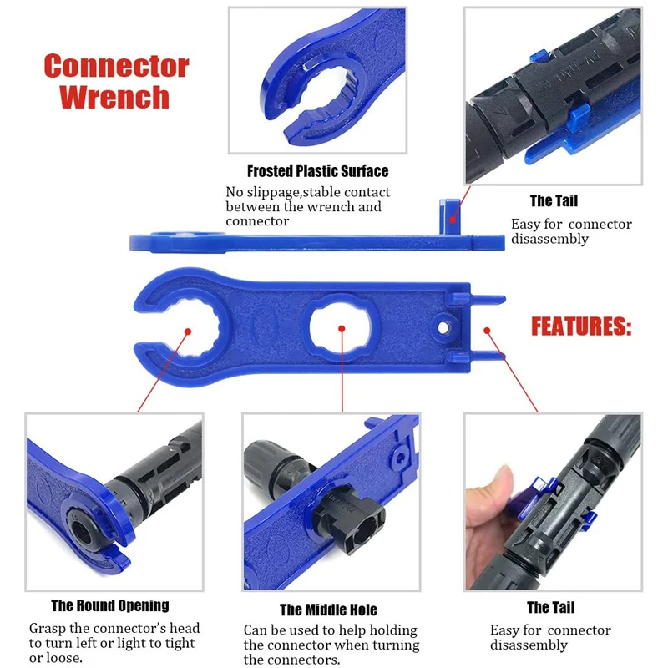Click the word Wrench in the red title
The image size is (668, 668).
[x=114, y=97]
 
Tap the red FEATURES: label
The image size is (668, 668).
[x=581, y=326]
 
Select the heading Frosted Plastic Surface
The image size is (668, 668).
[x=317, y=171]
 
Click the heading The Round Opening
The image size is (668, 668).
[x=109, y=605]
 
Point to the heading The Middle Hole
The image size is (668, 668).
[x=328, y=610]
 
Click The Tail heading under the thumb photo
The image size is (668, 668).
[x=550, y=607]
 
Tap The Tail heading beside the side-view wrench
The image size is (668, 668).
[x=553, y=200]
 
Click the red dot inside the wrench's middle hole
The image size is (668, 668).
[x=342, y=327]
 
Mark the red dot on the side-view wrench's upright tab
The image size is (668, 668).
[x=452, y=220]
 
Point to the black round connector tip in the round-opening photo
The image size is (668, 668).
[x=88, y=534]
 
